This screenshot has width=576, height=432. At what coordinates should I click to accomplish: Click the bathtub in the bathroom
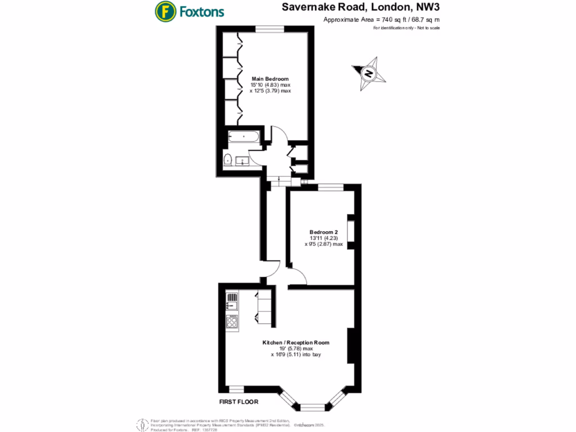click(x=244, y=137)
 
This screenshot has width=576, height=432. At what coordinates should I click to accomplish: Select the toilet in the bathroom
click(x=228, y=160)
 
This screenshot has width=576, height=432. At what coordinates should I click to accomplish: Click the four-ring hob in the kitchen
click(x=232, y=321)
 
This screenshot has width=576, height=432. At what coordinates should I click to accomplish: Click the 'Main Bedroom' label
click(x=270, y=79)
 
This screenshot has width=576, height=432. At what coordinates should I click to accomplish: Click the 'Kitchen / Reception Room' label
click(x=295, y=343)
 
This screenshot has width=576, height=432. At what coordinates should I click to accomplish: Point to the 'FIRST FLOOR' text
click(x=239, y=402)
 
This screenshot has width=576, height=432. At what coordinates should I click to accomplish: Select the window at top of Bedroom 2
click(x=331, y=187)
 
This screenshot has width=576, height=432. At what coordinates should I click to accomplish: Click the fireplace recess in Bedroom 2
click(x=350, y=231)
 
